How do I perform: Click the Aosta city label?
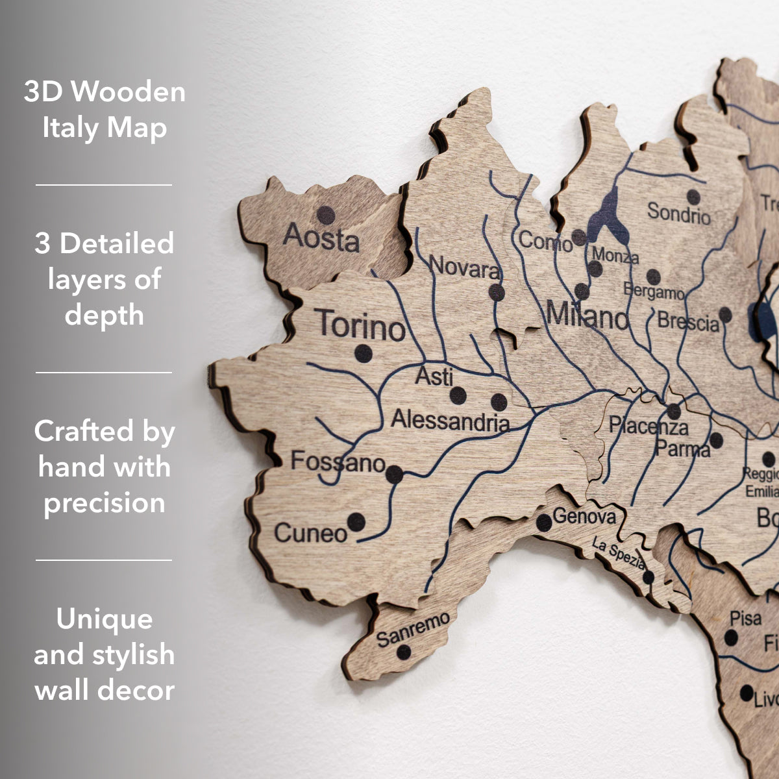321,238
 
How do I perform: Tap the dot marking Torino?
364,354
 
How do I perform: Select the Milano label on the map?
587,316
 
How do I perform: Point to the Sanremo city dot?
404,652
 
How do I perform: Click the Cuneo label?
311,533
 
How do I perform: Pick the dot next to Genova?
544,523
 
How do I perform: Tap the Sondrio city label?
679,212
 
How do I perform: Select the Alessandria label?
450,421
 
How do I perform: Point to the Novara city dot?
497,292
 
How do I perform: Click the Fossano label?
338,462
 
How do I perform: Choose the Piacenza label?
648,426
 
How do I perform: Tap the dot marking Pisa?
731,637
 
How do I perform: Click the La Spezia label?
619,555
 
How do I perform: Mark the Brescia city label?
688,321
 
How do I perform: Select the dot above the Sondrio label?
693,197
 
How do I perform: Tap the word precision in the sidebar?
105,502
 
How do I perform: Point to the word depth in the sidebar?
105,315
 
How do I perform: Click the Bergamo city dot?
653,277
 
